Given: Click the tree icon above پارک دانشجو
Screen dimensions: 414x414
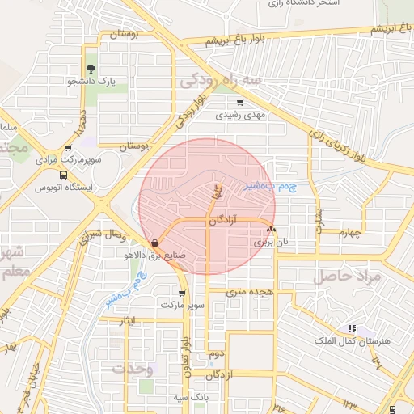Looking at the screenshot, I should [91, 70].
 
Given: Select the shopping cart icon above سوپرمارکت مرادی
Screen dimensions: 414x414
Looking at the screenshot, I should [68, 147].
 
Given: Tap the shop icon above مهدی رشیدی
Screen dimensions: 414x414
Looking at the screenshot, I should [239, 103].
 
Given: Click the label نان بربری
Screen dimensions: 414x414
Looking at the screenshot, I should [271, 241].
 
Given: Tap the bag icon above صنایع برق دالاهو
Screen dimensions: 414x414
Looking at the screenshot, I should [154, 242].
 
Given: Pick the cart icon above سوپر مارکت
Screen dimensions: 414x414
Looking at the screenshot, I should [182, 293].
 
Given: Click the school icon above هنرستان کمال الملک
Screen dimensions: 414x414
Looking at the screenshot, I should [351, 328].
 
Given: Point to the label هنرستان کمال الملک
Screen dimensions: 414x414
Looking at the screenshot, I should [361, 341].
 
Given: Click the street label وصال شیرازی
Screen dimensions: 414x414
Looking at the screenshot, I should [105, 234].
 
